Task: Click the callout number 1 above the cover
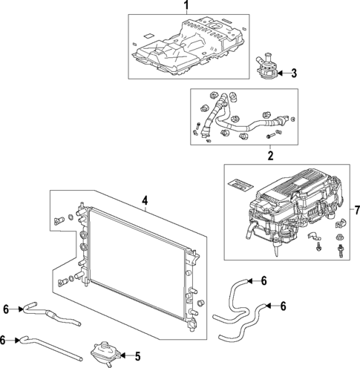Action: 186,6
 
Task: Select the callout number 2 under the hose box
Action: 270,156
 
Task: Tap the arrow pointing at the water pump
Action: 282,73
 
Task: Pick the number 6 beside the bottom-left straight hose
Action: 5,339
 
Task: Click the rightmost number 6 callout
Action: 284,305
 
